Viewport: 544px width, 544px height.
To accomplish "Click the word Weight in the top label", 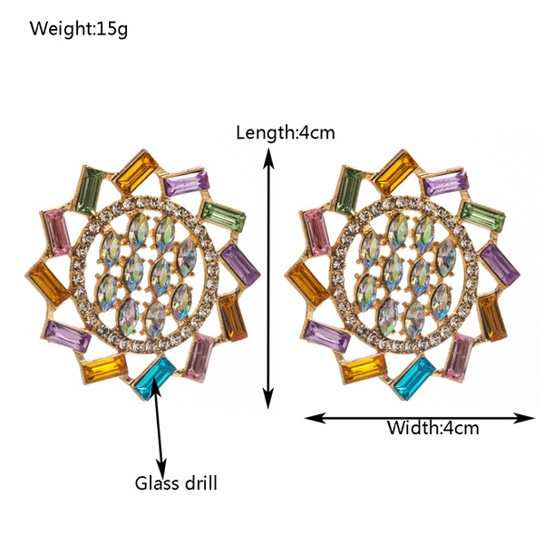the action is (x=61, y=28).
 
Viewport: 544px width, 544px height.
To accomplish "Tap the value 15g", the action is (x=112, y=29).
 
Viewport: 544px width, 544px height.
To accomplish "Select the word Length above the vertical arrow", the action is (x=265, y=133).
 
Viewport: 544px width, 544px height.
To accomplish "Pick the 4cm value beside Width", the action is (x=460, y=428).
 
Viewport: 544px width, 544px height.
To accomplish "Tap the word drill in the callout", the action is (x=200, y=482).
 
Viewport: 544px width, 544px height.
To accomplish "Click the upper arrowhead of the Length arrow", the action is (x=267, y=158).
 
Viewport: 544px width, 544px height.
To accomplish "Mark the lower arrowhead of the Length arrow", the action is (x=267, y=398).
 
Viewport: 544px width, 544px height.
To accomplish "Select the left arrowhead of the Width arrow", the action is (x=315, y=418).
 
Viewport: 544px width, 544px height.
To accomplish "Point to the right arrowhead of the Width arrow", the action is (x=523, y=418).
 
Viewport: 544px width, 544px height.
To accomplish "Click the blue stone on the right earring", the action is (x=414, y=378).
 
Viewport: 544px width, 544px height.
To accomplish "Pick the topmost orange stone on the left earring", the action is (x=137, y=173).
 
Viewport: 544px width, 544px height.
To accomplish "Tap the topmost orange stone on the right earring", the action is (x=396, y=173).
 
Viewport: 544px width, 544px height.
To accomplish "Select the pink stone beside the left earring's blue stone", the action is (x=200, y=357).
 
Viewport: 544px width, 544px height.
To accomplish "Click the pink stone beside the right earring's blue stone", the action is (x=460, y=357).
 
